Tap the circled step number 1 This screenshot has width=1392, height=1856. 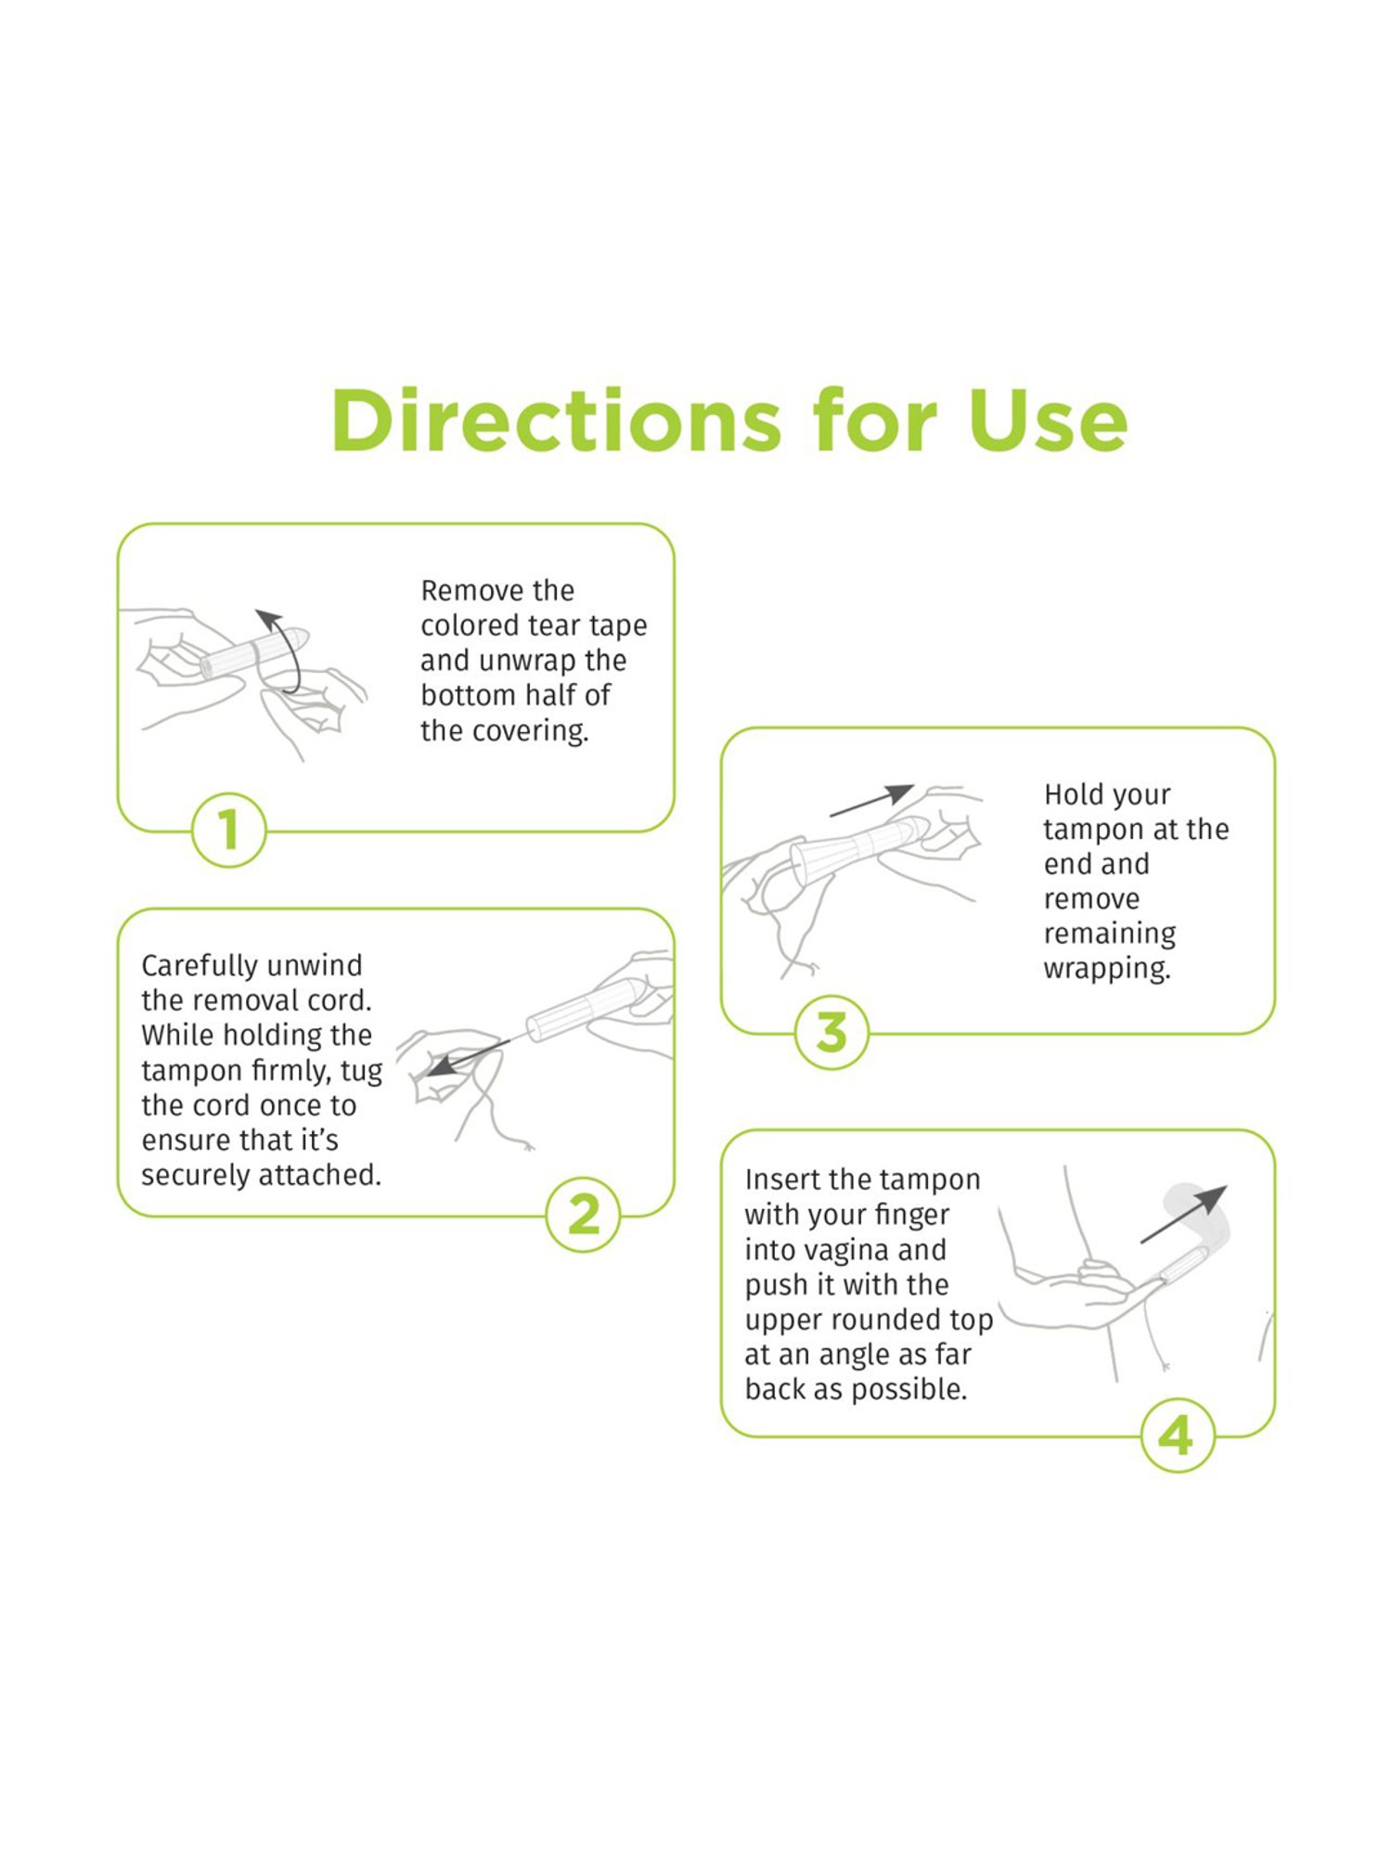[228, 830]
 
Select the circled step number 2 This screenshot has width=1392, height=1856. [583, 1214]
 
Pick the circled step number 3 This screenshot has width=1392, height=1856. [831, 1032]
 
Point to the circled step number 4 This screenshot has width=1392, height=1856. [1176, 1436]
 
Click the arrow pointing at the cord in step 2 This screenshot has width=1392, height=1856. [464, 1058]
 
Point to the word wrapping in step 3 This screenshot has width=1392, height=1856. [1106, 969]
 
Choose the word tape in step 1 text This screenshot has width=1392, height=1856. [617, 626]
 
